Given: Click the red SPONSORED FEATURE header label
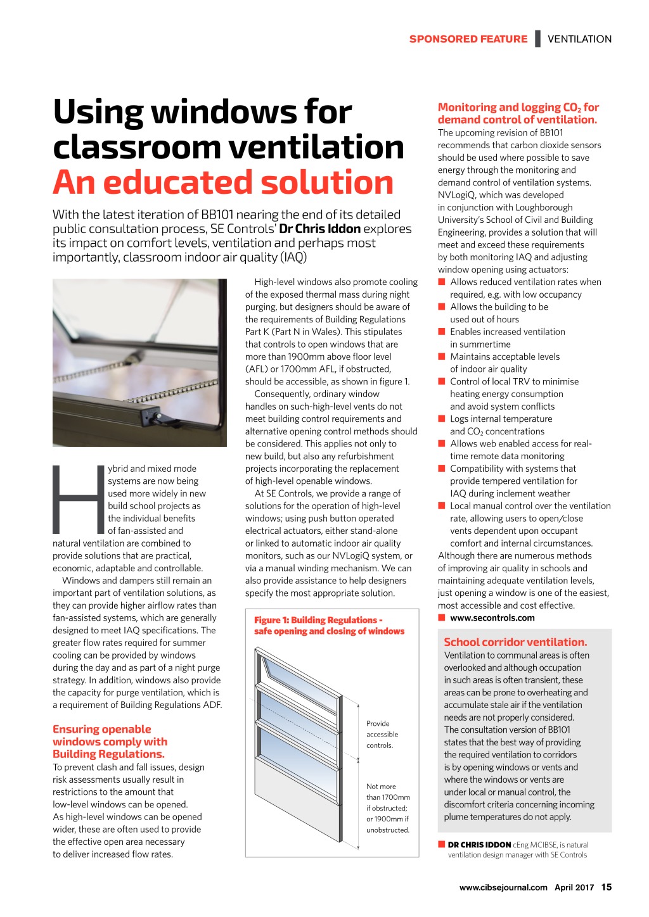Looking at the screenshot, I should (468, 39).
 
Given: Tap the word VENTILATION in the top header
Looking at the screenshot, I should (579, 39).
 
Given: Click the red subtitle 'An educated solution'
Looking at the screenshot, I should (223, 182).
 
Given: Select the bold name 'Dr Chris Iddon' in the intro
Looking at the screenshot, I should (319, 229).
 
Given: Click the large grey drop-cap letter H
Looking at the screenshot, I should (78, 500).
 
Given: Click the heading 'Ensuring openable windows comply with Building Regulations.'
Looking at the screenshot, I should (110, 742).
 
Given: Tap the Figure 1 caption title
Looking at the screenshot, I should (329, 625).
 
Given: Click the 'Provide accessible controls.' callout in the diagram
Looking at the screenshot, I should (382, 734).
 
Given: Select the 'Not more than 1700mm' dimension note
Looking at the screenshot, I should (387, 807).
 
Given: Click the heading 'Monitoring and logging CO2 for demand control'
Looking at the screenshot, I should (518, 113).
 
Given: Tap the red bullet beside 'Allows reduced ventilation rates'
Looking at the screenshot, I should (442, 282).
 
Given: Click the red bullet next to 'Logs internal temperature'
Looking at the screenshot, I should (442, 419).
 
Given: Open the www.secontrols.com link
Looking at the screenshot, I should (492, 617).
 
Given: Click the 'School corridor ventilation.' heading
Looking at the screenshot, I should (515, 642).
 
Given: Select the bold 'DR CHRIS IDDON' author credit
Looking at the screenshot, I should (479, 844).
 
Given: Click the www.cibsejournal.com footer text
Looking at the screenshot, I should (503, 887).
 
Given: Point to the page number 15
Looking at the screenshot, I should (607, 887).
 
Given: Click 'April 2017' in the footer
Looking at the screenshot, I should (574, 887).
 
